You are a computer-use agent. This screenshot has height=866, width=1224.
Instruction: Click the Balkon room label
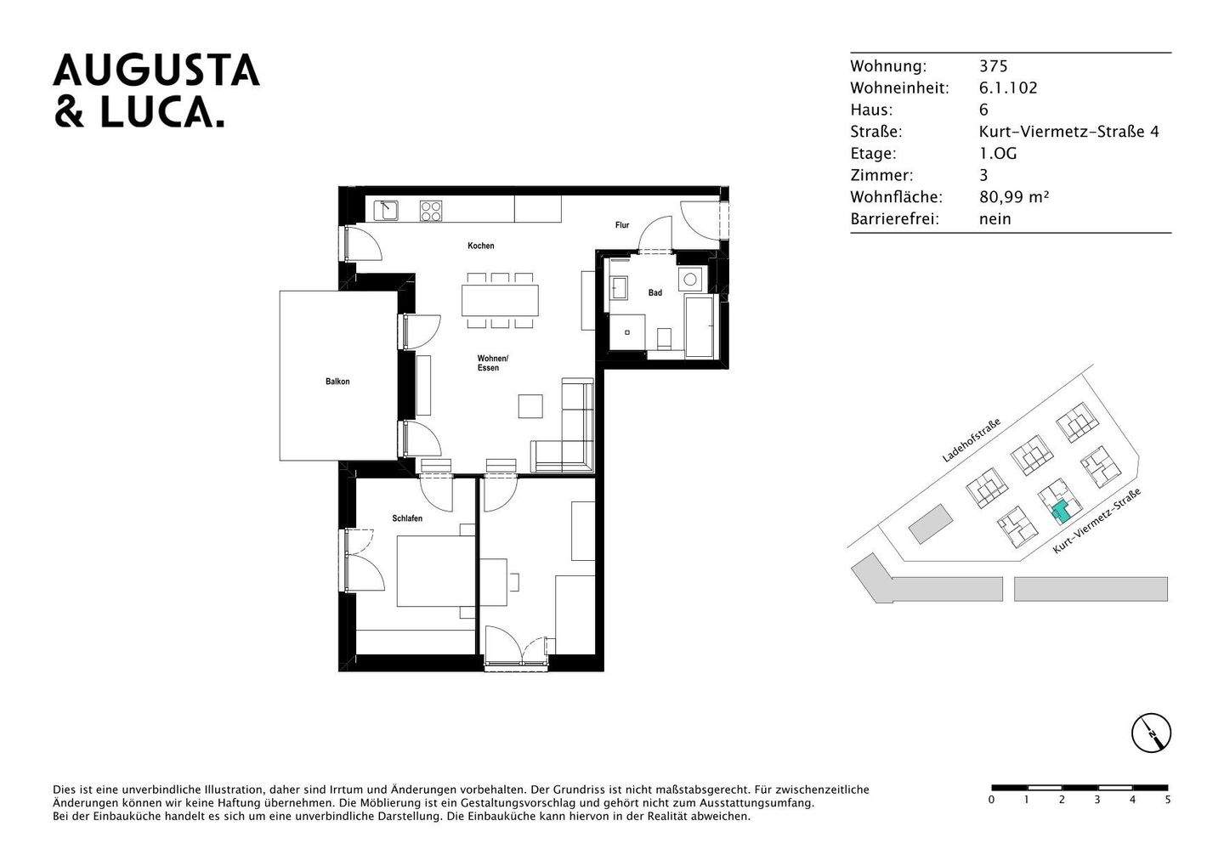point(337,382)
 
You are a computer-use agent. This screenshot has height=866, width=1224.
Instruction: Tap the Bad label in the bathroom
point(654,293)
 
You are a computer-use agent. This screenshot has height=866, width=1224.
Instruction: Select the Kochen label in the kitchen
point(480,246)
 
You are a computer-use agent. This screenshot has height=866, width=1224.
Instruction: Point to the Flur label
point(622,225)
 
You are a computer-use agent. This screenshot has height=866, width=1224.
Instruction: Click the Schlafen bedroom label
point(407,518)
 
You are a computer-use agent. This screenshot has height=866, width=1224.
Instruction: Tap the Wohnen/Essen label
point(492,363)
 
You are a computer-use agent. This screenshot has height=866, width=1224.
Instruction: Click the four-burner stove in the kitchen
point(432,210)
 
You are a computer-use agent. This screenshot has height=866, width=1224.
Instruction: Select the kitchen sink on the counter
point(387,209)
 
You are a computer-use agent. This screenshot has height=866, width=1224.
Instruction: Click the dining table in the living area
point(500,300)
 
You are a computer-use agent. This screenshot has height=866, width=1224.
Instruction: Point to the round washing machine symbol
point(690,279)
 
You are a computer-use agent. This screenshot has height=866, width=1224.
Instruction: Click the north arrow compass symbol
point(1151,733)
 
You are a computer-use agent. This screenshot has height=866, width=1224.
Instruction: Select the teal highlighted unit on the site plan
point(1060,511)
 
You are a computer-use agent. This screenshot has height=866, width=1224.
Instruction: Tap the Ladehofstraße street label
point(971,439)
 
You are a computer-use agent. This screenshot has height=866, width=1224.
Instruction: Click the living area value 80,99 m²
point(1014,197)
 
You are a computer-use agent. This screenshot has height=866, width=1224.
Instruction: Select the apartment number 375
point(993,66)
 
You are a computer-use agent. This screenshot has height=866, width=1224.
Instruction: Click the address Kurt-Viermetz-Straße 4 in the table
point(1068,132)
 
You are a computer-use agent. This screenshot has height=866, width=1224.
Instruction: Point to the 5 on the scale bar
point(1167,800)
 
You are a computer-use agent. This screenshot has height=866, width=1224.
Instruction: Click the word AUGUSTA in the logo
point(156,71)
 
